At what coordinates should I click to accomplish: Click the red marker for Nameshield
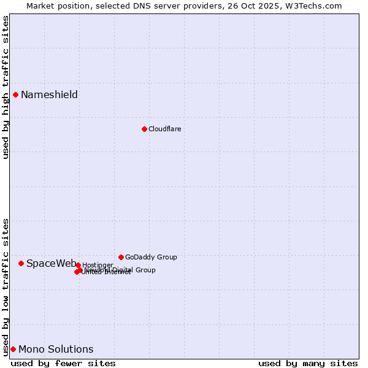click(x=15, y=94)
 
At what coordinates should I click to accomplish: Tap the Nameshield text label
click(x=49, y=94)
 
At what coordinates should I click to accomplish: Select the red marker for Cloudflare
click(x=144, y=129)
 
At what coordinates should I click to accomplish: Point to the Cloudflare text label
click(x=164, y=129)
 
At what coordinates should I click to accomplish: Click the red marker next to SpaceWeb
click(x=21, y=263)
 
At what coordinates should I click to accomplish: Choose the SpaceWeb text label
click(x=52, y=263)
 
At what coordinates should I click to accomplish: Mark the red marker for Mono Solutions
click(x=13, y=349)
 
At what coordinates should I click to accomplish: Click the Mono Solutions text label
click(x=56, y=350)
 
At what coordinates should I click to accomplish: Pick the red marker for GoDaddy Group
click(x=121, y=257)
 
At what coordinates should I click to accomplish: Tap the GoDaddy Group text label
click(x=151, y=257)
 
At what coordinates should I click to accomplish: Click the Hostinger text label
click(x=98, y=265)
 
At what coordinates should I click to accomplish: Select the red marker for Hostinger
click(x=78, y=265)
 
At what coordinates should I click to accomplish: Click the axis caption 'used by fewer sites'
click(x=63, y=363)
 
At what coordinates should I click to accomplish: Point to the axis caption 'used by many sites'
click(x=308, y=363)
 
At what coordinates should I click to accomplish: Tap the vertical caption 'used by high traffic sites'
click(x=6, y=87)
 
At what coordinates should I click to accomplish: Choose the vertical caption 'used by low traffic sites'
click(x=6, y=286)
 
